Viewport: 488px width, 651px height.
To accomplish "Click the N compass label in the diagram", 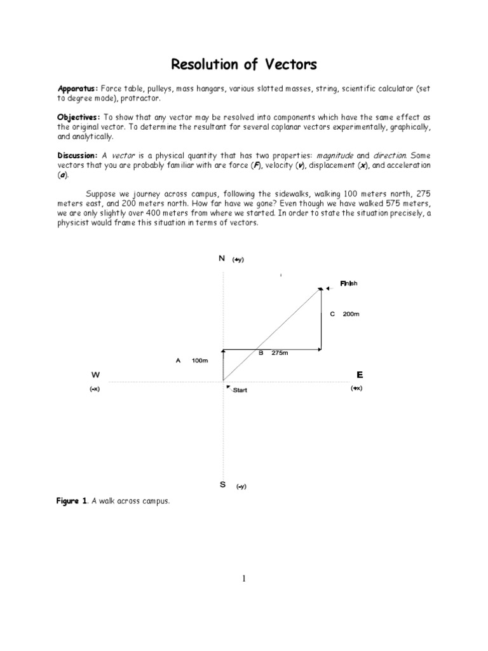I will (222, 259).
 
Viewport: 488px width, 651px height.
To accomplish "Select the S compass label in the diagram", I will (222, 485).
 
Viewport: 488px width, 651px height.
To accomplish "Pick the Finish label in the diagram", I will (349, 283).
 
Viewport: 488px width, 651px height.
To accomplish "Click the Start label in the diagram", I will (240, 390).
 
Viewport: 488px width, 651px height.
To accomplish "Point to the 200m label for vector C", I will (351, 314).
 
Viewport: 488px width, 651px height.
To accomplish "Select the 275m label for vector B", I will (280, 353).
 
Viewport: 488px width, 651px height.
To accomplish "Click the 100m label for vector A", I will (200, 360).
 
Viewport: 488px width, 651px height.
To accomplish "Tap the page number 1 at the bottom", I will (244, 579).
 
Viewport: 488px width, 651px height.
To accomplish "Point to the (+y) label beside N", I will (238, 260).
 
